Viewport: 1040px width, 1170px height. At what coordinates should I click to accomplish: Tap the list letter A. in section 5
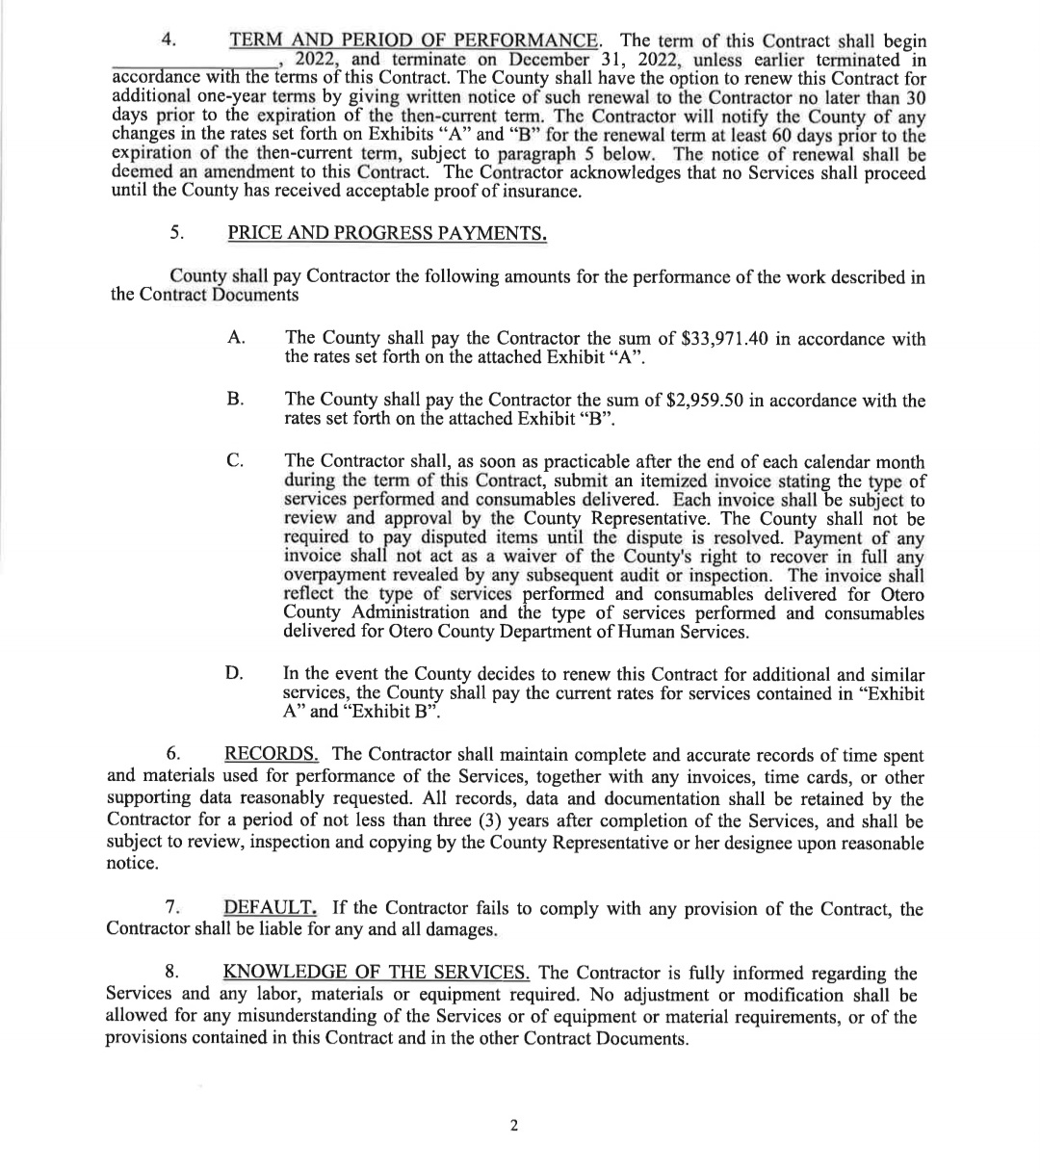pos(236,339)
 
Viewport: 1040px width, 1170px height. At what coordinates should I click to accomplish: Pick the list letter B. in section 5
pos(236,401)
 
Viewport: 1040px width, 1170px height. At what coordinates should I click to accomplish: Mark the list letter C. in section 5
pos(236,463)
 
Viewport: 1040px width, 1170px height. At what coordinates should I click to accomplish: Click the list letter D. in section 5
pos(236,674)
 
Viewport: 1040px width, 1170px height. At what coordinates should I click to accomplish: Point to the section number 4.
pos(169,41)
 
